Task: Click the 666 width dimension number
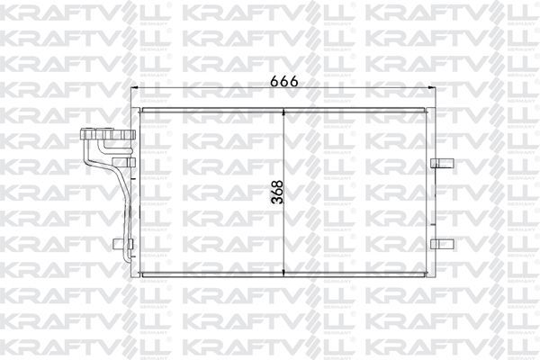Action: [284, 80]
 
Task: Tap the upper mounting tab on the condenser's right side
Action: [438, 163]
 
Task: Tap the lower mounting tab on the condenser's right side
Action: [438, 243]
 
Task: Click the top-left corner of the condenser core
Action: [139, 110]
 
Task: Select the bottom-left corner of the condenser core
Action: [139, 275]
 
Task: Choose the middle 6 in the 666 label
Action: [284, 80]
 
